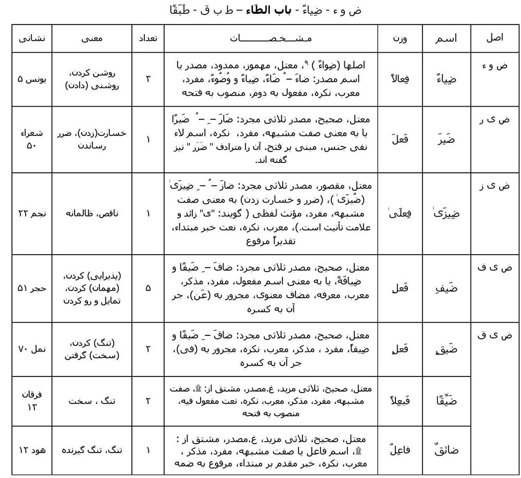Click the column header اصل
tap(494, 38)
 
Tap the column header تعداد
tap(148, 38)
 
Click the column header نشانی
tap(32, 38)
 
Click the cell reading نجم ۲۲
tap(32, 213)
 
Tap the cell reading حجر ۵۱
tap(32, 288)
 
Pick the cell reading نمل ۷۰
tap(32, 349)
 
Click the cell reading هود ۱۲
tap(32, 450)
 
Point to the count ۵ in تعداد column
tap(148, 288)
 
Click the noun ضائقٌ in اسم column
tap(445, 450)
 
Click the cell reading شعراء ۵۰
tap(32, 139)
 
